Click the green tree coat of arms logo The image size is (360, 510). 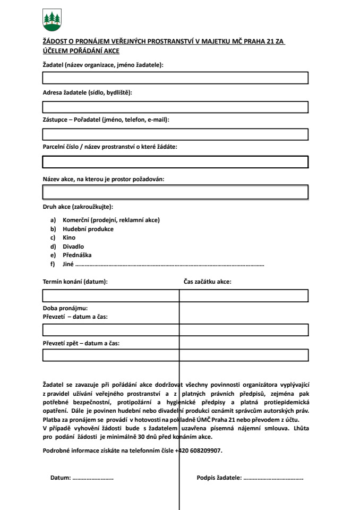click(x=52, y=21)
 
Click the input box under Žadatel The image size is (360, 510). click(x=175, y=78)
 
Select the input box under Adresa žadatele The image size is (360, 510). click(x=175, y=106)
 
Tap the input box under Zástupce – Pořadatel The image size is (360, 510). click(x=175, y=134)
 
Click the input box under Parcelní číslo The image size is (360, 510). click(x=175, y=162)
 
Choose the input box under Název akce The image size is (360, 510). click(x=175, y=192)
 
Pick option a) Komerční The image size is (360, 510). click(x=111, y=220)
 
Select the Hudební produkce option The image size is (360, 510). click(x=88, y=229)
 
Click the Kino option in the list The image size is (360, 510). click(x=69, y=238)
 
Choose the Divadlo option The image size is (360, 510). click(x=73, y=246)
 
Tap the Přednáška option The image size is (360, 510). click(x=78, y=255)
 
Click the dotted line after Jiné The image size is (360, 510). click(x=170, y=264)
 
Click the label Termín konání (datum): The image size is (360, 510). click(x=75, y=282)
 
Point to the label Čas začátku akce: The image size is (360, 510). click(x=207, y=282)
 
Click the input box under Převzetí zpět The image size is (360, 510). click(x=175, y=355)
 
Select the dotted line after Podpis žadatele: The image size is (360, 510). click(x=273, y=478)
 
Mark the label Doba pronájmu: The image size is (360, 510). click(x=65, y=308)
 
